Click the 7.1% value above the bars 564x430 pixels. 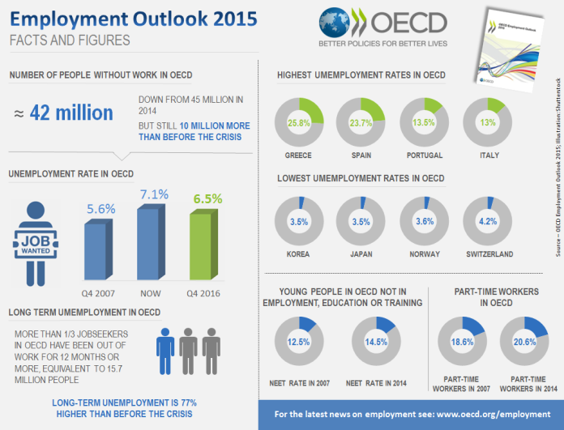154,194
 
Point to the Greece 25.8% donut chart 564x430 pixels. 299,122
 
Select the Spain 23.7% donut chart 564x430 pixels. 361,122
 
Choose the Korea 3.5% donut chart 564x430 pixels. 299,222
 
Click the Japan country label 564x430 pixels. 361,253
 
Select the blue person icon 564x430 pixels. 166,347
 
